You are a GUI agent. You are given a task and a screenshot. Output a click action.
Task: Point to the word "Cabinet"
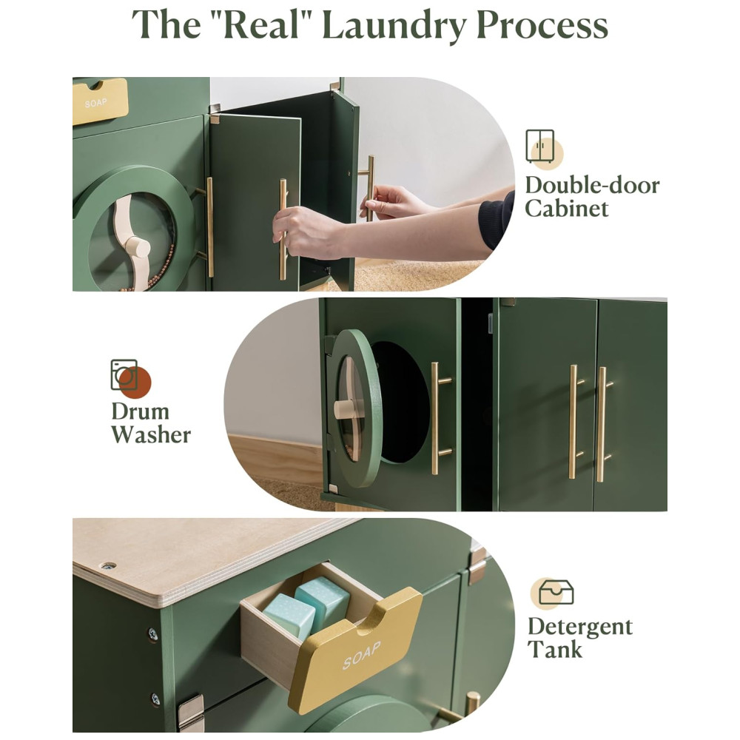pyautogui.click(x=566, y=208)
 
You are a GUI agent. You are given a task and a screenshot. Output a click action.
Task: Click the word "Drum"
pyautogui.click(x=140, y=411)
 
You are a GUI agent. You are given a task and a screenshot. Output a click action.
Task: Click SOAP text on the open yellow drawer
pyautogui.click(x=362, y=655)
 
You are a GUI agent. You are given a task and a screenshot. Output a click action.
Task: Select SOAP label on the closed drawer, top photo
pyautogui.click(x=95, y=103)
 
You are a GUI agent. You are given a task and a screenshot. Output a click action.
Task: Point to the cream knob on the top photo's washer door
pyautogui.click(x=138, y=247)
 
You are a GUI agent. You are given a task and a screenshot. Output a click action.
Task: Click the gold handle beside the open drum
pyautogui.click(x=439, y=418)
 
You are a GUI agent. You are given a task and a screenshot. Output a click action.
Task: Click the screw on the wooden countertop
pyautogui.click(x=109, y=565)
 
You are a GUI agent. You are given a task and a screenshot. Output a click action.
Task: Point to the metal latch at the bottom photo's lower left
pyautogui.click(x=191, y=713)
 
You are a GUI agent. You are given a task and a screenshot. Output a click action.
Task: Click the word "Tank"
pyautogui.click(x=555, y=650)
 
